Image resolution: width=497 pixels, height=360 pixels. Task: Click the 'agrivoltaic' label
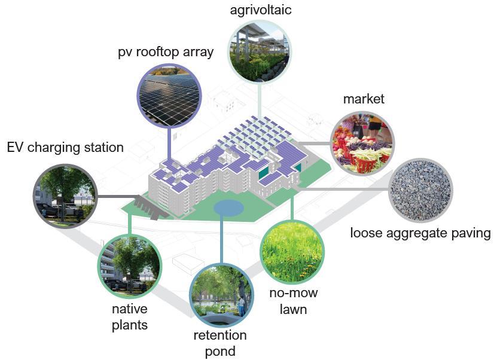pyautogui.click(x=258, y=10)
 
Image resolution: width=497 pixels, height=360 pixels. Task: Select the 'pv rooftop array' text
pyautogui.click(x=166, y=52)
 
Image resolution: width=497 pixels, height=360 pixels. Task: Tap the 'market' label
pyautogui.click(x=364, y=99)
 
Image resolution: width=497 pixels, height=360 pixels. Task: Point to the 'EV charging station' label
pyautogui.click(x=65, y=147)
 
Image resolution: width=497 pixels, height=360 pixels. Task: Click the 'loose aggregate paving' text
pyautogui.click(x=420, y=233)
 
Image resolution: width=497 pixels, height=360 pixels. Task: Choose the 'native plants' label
pyautogui.click(x=130, y=317)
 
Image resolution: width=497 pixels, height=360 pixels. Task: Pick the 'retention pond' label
pyautogui.click(x=219, y=343)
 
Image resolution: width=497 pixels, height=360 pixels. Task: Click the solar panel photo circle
pyautogui.click(x=167, y=95)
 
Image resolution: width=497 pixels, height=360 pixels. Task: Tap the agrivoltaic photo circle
pyautogui.click(x=259, y=50)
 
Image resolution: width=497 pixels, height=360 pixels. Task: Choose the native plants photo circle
pyautogui.click(x=130, y=267)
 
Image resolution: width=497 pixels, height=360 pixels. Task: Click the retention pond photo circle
pyautogui.click(x=220, y=291)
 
